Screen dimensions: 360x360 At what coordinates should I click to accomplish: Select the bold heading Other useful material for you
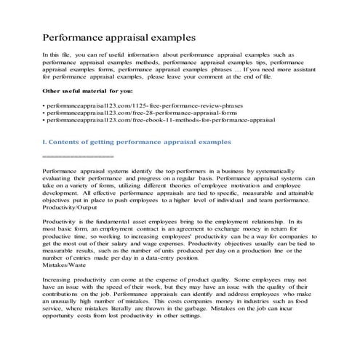click(88, 91)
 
